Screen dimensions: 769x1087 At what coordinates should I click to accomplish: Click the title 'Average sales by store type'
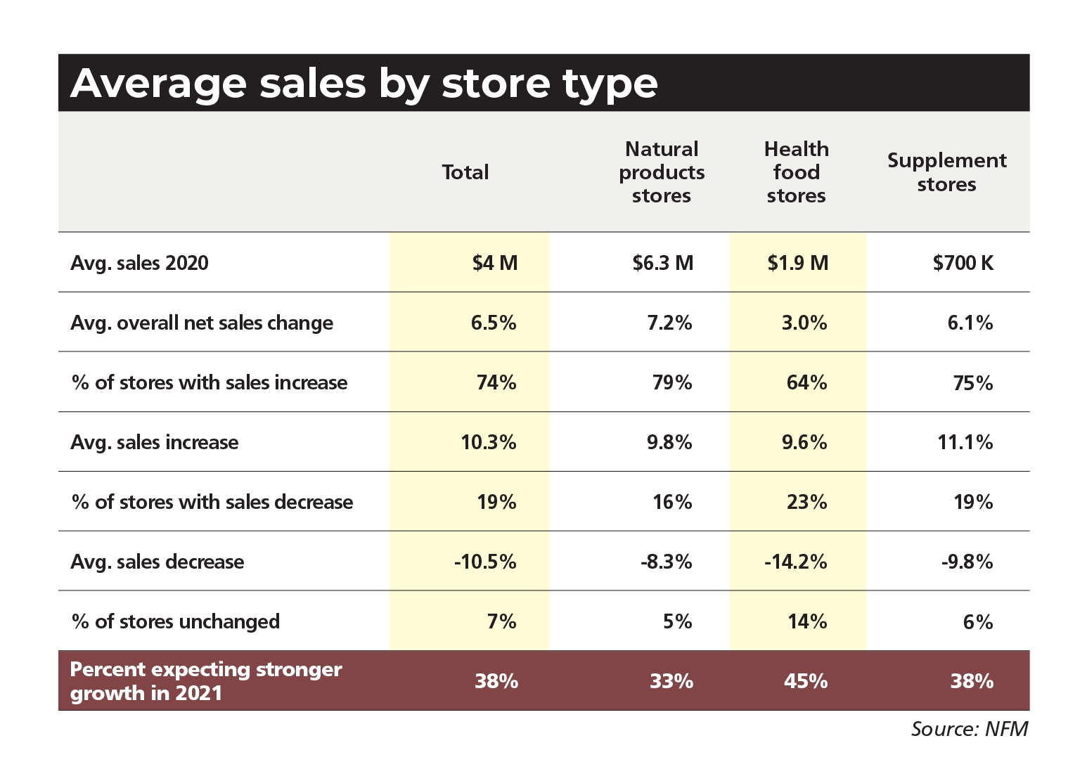pos(364,84)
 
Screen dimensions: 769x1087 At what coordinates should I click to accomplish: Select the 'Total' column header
pos(465,172)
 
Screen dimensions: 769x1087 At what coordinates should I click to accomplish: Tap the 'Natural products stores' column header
pos(661,172)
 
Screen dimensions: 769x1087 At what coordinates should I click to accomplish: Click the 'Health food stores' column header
pos(796,172)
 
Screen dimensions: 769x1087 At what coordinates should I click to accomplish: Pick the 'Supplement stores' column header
pos(946,172)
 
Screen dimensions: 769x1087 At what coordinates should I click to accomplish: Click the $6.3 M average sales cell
pos(662,263)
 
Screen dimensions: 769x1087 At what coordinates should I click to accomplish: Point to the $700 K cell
pos(963,263)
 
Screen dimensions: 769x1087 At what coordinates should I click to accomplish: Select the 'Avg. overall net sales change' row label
pos(202,323)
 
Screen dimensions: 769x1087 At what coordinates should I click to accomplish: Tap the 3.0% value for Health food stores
pos(804,323)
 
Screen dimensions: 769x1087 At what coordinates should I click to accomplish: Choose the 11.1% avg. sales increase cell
pos(965,442)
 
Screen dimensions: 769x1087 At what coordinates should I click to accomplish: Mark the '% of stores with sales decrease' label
pos(212,502)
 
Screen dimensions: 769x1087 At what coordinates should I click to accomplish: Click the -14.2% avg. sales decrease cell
pos(795,562)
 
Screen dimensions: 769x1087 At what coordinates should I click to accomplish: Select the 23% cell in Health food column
pos(806,502)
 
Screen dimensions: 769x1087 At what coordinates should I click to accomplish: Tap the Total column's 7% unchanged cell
pos(501,621)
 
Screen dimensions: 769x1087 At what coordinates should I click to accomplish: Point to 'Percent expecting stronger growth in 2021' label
pos(206,680)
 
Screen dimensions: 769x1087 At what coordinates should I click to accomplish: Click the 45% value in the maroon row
pos(805,680)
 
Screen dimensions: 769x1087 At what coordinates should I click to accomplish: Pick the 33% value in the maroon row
pos(671,680)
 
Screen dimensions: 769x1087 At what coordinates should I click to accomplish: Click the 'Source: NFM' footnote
pos(969,729)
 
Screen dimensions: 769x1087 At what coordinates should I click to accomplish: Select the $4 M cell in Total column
pos(494,263)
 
